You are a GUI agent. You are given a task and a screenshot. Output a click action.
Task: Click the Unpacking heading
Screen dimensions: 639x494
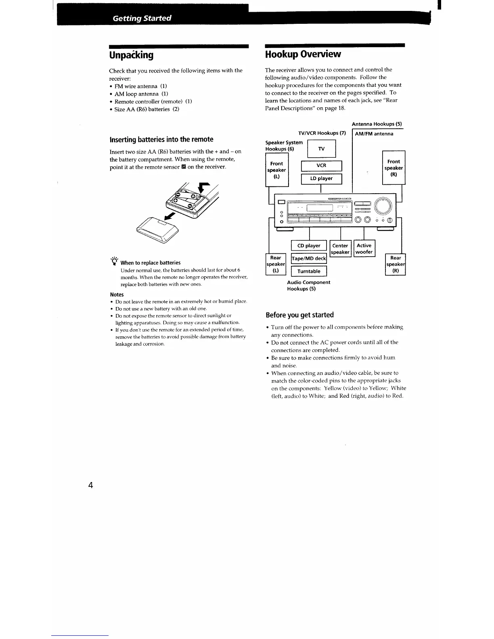coord(131,55)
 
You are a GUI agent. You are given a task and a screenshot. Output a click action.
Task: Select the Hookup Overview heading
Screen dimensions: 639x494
coord(303,54)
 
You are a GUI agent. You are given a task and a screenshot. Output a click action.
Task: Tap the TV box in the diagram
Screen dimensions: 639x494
coord(321,149)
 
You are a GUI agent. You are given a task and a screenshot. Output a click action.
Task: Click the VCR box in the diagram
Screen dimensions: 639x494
coord(321,165)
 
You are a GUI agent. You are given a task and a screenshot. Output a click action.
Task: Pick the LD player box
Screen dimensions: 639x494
coord(321,178)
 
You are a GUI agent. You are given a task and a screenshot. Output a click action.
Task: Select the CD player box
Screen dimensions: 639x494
coord(309,246)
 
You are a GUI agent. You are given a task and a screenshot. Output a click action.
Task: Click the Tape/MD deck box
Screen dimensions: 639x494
coord(309,258)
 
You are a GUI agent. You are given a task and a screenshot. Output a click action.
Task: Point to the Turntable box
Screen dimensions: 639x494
coord(309,271)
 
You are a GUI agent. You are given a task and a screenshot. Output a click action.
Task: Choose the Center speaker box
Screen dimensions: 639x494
coord(340,248)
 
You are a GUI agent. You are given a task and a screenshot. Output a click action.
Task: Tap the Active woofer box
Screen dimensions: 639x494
coord(364,248)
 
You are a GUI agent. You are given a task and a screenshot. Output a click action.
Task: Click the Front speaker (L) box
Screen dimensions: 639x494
coord(276,170)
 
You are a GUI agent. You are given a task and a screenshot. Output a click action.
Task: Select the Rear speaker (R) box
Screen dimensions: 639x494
coord(396,264)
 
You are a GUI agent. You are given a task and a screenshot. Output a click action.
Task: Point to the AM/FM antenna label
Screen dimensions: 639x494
coord(374,134)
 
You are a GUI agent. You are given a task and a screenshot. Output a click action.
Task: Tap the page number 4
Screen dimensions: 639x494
coord(90,485)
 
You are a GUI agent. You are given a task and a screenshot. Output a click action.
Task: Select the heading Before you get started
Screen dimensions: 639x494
coord(299,315)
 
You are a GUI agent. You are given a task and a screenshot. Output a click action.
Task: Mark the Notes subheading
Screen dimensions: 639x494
coord(117,294)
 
